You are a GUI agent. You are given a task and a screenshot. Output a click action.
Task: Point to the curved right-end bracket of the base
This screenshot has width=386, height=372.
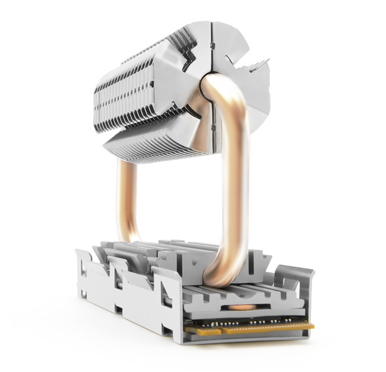303,284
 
